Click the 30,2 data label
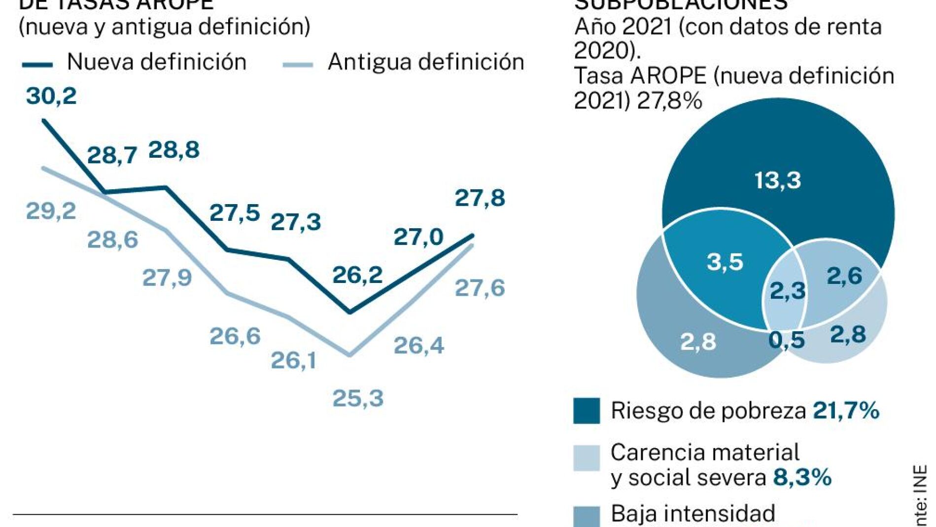51,96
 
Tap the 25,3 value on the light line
358,398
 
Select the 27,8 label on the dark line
480,198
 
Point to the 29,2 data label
51,211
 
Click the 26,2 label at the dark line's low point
357,275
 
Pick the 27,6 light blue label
480,288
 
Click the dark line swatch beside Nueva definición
37,64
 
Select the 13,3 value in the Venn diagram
778,180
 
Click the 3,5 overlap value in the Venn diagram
725,262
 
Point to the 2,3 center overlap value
787,291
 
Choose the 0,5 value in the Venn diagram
786,340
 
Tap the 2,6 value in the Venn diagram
844,276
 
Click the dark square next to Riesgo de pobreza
587,411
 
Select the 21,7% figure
846,410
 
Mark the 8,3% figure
802,477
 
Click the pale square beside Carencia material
587,458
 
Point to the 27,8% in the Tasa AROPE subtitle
669,101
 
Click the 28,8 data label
173,150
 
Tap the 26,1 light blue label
293,360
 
